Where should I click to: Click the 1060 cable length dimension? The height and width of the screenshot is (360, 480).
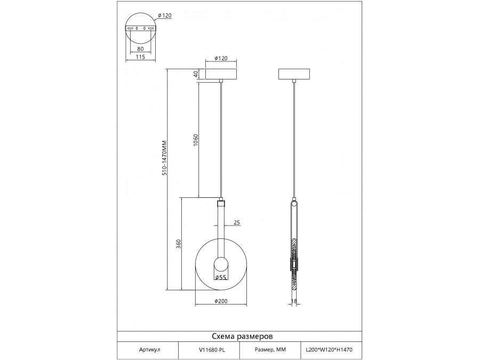(x=196, y=140)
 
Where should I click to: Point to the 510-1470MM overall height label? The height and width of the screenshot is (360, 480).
(x=164, y=158)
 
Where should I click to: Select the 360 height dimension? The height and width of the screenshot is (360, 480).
(x=179, y=244)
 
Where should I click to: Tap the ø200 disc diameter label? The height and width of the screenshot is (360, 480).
(x=221, y=301)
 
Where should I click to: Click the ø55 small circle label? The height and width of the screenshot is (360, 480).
(x=220, y=277)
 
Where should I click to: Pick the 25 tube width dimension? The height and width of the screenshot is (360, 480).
(x=237, y=222)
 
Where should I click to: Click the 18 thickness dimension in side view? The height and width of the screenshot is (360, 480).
(x=293, y=301)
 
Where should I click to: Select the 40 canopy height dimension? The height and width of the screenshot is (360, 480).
(x=196, y=74)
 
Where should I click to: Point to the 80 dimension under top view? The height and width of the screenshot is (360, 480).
(x=140, y=49)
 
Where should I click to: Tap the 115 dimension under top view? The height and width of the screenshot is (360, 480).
(x=140, y=57)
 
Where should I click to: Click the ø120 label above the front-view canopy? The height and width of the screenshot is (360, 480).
(x=221, y=58)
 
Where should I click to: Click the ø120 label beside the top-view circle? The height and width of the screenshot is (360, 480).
(x=164, y=15)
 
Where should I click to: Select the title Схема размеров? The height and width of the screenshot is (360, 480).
(x=243, y=337)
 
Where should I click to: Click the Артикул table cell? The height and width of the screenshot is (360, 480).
(x=149, y=349)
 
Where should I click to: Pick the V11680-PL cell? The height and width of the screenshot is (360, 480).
(x=212, y=349)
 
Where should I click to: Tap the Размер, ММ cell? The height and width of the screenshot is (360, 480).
(x=270, y=349)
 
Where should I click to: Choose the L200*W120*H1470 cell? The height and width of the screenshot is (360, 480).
(x=330, y=349)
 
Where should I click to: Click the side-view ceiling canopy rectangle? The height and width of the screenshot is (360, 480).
(x=294, y=74)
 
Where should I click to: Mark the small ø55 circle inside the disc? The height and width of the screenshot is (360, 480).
(x=221, y=265)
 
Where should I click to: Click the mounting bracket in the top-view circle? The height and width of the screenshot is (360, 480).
(x=140, y=28)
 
